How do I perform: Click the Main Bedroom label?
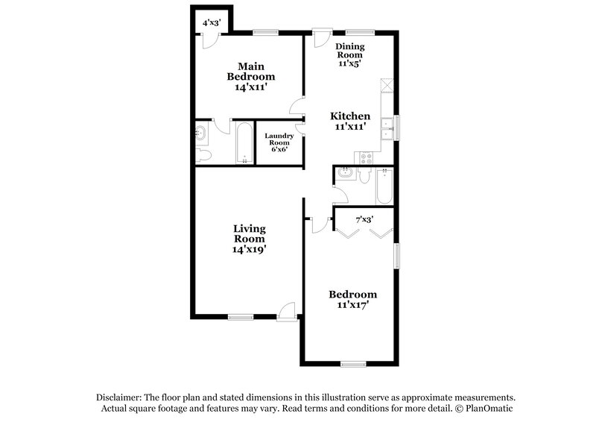(x=251, y=71)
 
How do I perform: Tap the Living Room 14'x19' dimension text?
(x=249, y=250)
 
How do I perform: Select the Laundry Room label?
(x=279, y=139)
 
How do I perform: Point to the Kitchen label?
(x=350, y=116)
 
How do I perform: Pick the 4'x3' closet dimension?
(x=212, y=22)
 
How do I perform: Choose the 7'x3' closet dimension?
(x=364, y=219)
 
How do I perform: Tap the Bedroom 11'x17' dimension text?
(x=352, y=304)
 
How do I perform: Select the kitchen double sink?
(x=387, y=128)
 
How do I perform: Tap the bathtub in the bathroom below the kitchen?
(x=384, y=186)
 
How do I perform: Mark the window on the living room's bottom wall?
(x=240, y=317)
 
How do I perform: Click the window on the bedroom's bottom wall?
(x=353, y=364)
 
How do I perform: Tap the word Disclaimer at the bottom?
(x=119, y=397)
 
